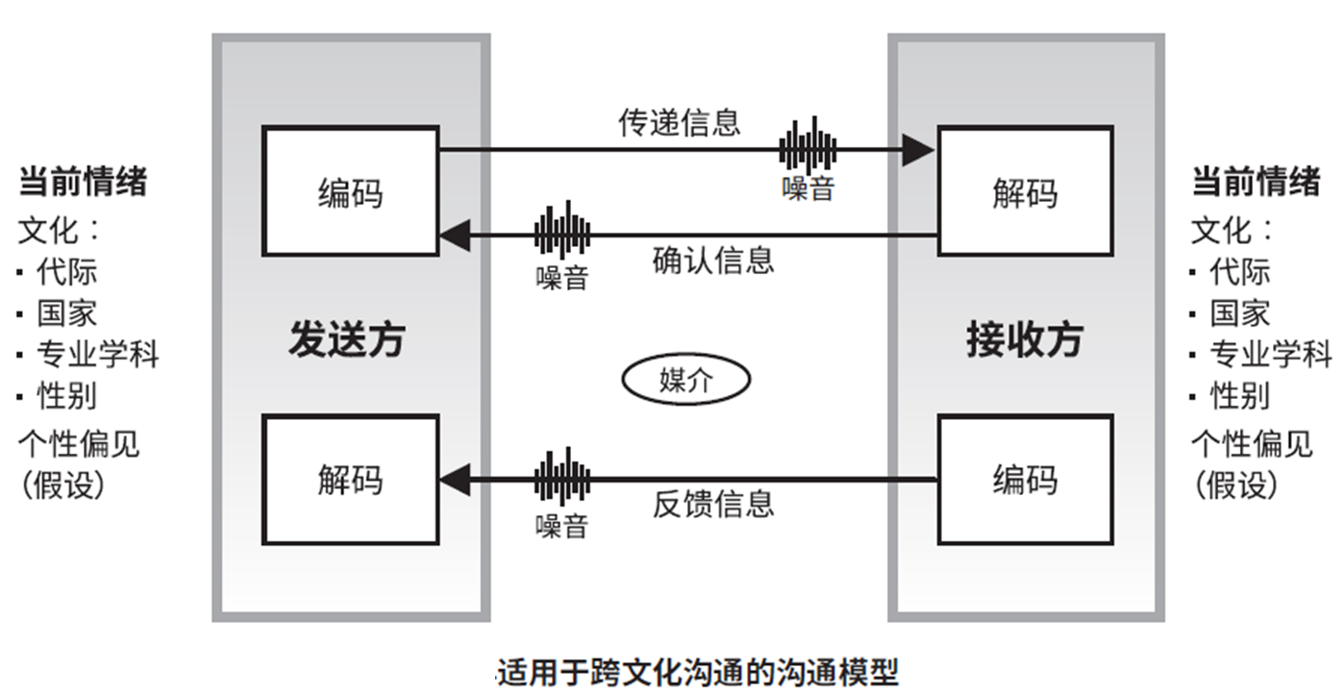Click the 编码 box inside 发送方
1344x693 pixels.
[350, 190]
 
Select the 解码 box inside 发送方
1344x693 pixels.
[350, 479]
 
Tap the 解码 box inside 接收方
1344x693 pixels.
[1025, 190]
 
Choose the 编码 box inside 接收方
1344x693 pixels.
[1025, 479]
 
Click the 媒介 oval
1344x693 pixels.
[685, 381]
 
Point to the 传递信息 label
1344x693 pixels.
[680, 122]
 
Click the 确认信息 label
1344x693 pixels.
[712, 260]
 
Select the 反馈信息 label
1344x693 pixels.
[712, 504]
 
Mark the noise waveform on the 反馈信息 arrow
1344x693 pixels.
[562, 478]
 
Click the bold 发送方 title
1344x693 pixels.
[348, 339]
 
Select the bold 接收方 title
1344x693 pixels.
[1025, 339]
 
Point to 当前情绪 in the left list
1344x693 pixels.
[83, 181]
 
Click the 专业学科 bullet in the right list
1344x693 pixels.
[1269, 355]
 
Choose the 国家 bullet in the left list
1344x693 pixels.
[66, 313]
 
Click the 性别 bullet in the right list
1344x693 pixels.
[1239, 395]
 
